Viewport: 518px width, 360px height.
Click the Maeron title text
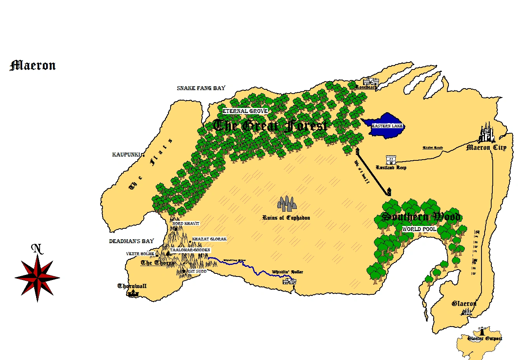[33, 65]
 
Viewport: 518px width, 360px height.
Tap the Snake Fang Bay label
[201, 88]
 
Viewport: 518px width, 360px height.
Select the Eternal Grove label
[245, 111]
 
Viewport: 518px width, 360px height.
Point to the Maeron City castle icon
[487, 132]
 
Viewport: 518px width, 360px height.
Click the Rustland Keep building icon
[391, 160]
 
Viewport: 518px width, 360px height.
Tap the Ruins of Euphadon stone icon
[287, 204]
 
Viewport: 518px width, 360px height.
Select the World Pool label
[419, 229]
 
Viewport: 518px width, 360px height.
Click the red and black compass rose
[37, 278]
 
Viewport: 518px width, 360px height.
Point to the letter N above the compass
[37, 249]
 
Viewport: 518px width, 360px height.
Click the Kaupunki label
[126, 155]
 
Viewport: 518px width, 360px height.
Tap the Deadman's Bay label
[131, 241]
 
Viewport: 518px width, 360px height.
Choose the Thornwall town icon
[133, 293]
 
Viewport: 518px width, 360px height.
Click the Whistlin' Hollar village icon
[289, 280]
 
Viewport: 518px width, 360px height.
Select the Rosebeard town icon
[370, 82]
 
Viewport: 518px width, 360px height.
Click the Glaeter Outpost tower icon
[482, 331]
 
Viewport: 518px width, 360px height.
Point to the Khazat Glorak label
[209, 239]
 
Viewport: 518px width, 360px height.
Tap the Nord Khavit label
[186, 224]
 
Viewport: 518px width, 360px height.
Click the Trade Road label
[433, 148]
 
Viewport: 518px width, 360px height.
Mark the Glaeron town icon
[467, 312]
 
